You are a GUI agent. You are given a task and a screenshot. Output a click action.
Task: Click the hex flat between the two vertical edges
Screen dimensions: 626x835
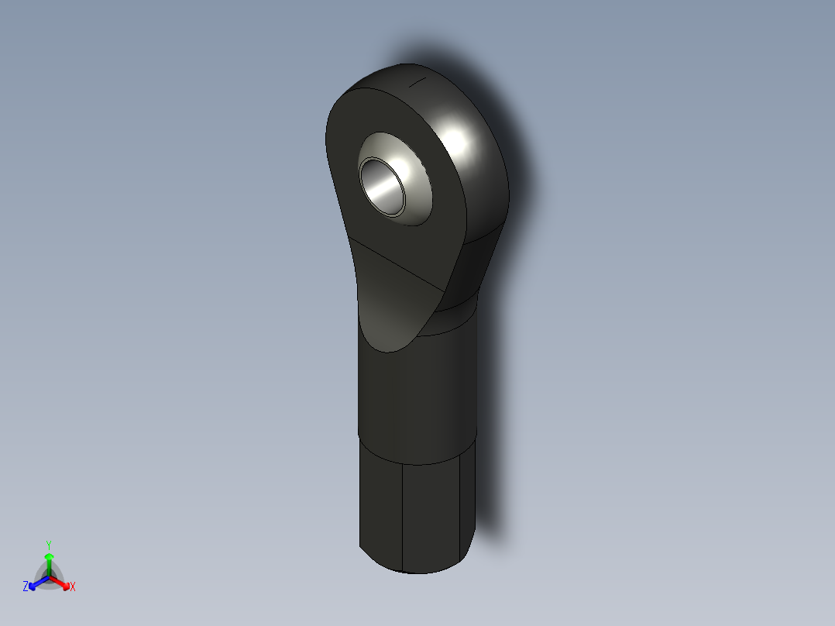click(432, 515)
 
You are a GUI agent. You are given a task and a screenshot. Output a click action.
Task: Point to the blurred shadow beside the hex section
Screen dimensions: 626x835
click(496, 496)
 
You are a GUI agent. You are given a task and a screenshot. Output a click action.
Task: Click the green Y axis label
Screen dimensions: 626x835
click(49, 544)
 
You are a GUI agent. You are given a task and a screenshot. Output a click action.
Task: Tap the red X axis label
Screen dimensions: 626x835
click(73, 587)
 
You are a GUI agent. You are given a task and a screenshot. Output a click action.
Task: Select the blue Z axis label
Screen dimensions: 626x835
click(26, 587)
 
